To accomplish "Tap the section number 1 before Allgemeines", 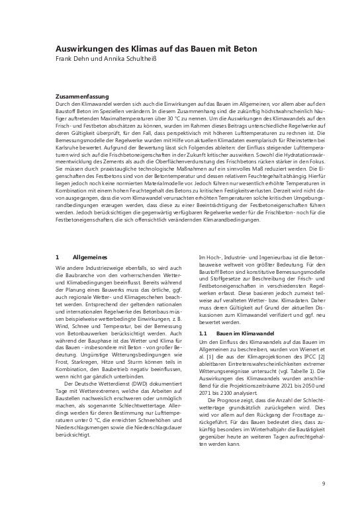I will coord(57,255).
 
